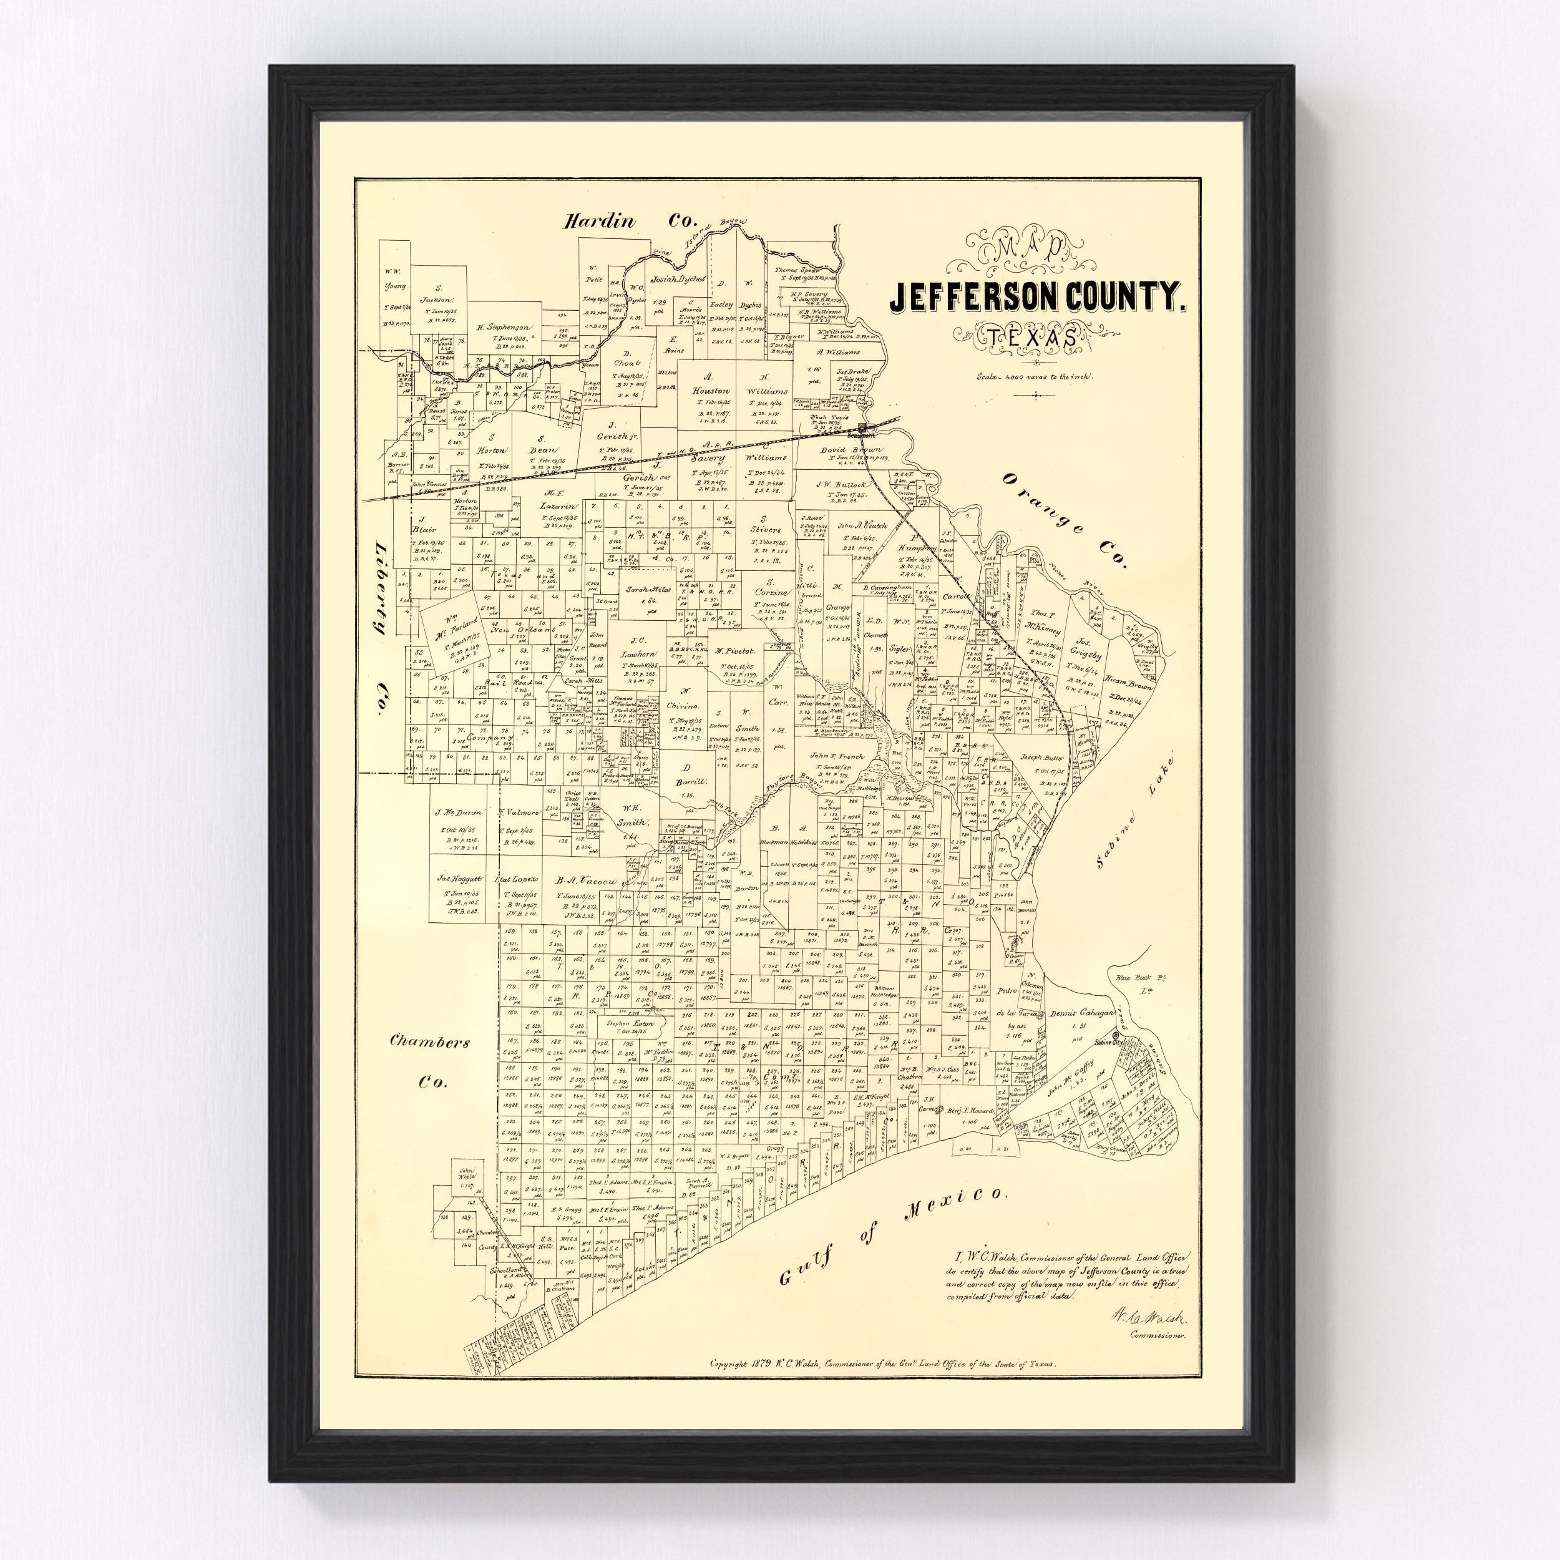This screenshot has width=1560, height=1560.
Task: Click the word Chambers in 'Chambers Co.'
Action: tap(429, 1041)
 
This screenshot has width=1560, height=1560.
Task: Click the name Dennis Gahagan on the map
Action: tap(1084, 1013)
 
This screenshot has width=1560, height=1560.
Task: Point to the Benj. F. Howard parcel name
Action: tap(969, 1110)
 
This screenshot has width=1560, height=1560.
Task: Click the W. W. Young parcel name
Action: tap(395, 278)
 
